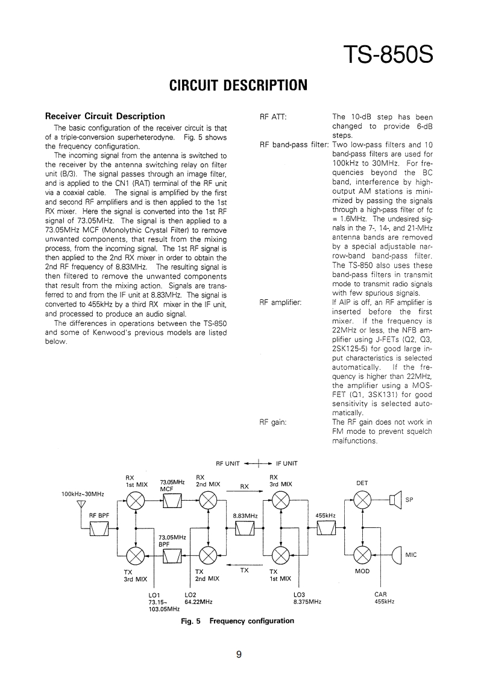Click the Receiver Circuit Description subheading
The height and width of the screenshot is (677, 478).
105,116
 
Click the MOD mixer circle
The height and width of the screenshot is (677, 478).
362,555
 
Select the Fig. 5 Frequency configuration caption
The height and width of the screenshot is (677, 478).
237,621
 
